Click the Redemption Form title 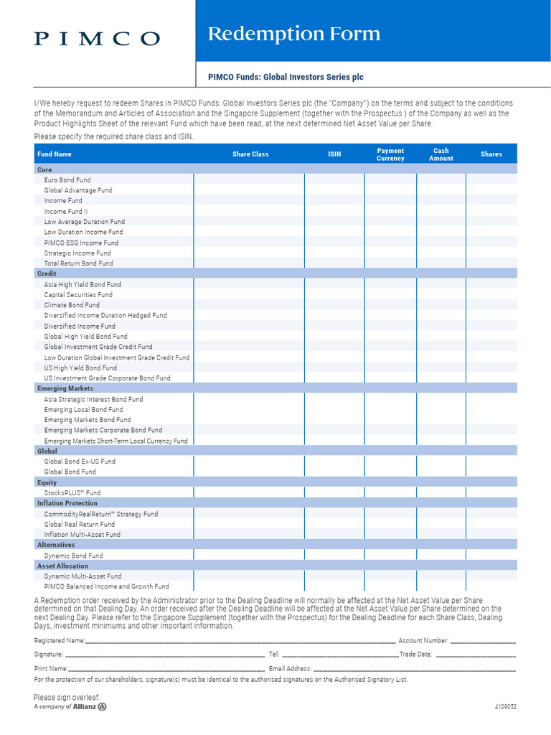[x=293, y=34]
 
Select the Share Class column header [x=250, y=154]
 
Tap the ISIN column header [x=334, y=154]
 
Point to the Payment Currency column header [x=390, y=154]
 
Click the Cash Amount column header [x=441, y=154]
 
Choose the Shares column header [x=491, y=154]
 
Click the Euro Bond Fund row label [x=67, y=180]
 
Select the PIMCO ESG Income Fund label [x=81, y=243]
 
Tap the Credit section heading [x=47, y=273]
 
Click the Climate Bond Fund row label [x=72, y=305]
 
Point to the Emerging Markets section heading [x=65, y=388]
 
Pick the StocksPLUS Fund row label [x=72, y=493]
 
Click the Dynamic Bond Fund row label [x=73, y=556]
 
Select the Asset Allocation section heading [x=62, y=566]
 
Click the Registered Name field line [x=240, y=641]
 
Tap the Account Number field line [x=483, y=641]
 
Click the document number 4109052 [x=505, y=706]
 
